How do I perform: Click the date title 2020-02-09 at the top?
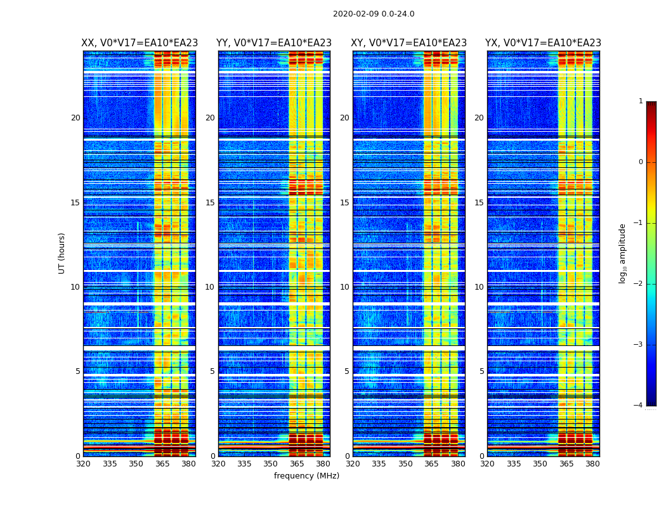(x=374, y=14)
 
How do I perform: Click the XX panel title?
(x=140, y=43)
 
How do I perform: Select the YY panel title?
(x=274, y=43)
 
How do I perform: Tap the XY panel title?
(x=408, y=43)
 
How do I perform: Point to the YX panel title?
(x=543, y=43)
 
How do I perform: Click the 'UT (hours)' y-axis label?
(x=62, y=253)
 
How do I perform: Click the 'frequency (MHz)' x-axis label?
(x=306, y=476)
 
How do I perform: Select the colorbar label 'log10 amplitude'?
(x=623, y=253)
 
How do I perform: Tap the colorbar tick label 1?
(x=640, y=101)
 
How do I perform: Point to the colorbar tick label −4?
(x=639, y=406)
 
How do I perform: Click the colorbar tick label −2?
(x=639, y=284)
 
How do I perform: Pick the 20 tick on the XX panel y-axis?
(x=75, y=118)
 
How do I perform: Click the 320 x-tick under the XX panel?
(x=83, y=464)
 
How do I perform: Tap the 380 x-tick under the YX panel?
(x=592, y=464)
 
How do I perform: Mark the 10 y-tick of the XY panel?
(x=344, y=287)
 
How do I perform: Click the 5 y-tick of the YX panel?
(x=481, y=371)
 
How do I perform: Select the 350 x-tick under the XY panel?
(x=405, y=464)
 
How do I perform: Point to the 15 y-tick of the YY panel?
(x=210, y=203)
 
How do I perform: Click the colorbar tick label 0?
(x=640, y=162)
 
